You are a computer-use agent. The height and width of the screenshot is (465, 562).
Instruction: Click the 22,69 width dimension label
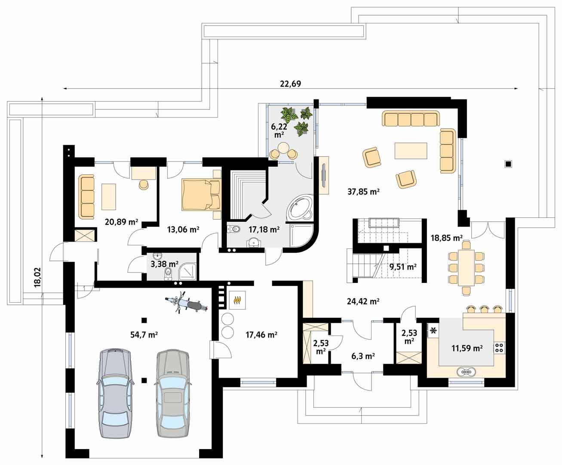coord(290,84)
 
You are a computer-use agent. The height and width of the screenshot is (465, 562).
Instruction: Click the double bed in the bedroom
coord(201,195)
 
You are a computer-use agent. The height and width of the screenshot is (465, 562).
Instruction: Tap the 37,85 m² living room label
coord(363,192)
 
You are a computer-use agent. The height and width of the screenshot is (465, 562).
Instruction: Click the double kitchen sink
coord(466,371)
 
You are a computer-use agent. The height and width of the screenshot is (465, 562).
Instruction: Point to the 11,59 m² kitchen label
coord(467,348)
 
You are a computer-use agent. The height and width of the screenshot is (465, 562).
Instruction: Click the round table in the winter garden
coord(283,148)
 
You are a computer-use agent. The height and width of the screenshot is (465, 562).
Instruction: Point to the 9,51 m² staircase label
coord(402,267)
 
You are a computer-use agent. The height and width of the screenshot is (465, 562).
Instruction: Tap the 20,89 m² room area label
coord(121,222)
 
